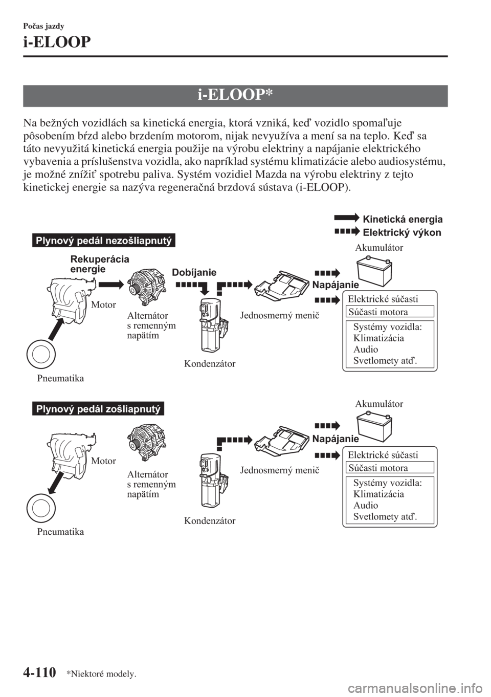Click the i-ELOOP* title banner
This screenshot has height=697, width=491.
(x=235, y=96)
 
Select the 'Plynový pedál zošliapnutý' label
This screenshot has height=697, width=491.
(x=97, y=409)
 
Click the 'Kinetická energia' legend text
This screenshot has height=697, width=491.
(x=403, y=219)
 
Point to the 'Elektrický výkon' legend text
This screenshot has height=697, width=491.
(x=401, y=232)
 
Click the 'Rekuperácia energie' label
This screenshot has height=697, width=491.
(x=99, y=264)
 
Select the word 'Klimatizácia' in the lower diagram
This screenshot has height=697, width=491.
(x=378, y=494)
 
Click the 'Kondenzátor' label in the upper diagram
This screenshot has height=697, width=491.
(x=210, y=364)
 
